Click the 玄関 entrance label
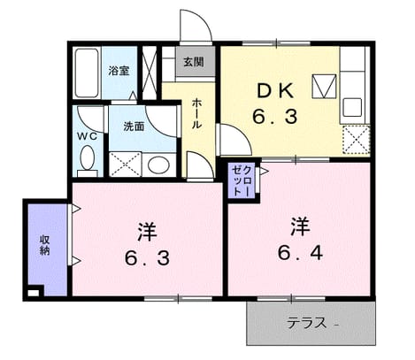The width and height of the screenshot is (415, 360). [x=194, y=62]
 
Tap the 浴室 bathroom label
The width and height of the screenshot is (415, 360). [x=119, y=71]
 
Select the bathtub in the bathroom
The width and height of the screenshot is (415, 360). [x=87, y=73]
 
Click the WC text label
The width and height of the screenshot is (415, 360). [x=87, y=136]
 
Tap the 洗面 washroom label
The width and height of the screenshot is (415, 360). [x=134, y=126]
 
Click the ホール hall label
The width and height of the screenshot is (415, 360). [x=196, y=114]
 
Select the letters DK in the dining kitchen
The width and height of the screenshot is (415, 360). [x=275, y=90]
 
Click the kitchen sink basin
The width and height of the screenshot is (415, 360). [x=351, y=107]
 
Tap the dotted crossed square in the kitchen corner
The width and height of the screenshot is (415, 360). [x=357, y=140]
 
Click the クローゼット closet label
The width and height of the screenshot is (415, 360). [x=242, y=181]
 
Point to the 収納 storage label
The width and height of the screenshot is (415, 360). [x=44, y=245]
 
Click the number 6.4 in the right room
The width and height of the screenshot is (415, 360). [x=300, y=253]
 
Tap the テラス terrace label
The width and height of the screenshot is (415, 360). [x=307, y=323]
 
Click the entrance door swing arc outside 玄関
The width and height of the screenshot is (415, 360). [x=204, y=19]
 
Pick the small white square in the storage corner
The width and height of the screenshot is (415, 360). [x=33, y=293]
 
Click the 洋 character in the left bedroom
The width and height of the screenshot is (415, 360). [x=147, y=232]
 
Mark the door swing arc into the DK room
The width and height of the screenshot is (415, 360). [x=242, y=134]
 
